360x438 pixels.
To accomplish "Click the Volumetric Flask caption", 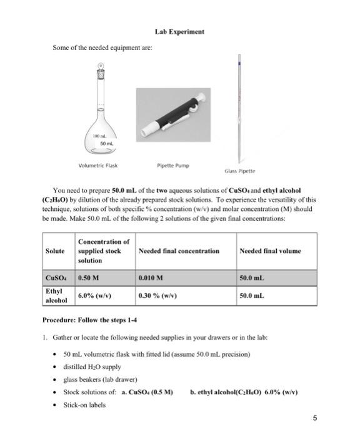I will [x=98, y=166].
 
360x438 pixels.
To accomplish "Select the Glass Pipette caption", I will [x=241, y=171].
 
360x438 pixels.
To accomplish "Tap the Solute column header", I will [x=55, y=251].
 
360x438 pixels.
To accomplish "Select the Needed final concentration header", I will [x=179, y=251].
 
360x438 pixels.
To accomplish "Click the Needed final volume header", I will [x=270, y=251].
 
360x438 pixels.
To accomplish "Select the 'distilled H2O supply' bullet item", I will [x=92, y=367].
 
